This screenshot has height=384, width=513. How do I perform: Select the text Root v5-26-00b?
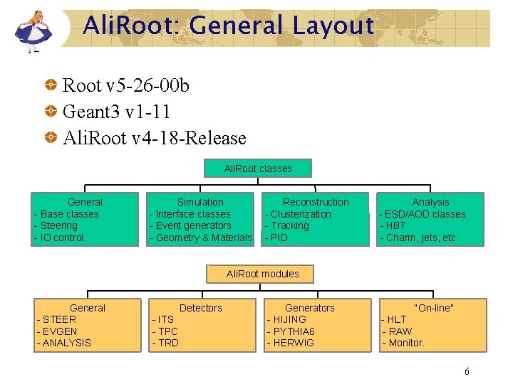coord(126,86)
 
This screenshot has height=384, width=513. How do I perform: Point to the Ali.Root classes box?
coord(258,169)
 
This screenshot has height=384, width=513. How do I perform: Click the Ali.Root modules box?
coord(262,274)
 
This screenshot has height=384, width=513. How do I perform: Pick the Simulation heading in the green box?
coord(200,202)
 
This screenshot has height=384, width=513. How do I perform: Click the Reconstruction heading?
coord(316,202)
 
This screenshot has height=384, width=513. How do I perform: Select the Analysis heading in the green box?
coord(430,202)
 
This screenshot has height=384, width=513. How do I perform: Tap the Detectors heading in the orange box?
coord(200,308)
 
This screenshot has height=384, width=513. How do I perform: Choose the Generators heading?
coord(310,308)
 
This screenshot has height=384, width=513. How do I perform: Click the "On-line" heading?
coord(434,308)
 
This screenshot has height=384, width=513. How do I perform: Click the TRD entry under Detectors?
coord(168,343)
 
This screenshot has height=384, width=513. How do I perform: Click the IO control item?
coord(61,238)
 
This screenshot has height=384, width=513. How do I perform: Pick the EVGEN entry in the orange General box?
coord(60,331)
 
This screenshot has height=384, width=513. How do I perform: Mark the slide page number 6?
coord(467,371)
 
